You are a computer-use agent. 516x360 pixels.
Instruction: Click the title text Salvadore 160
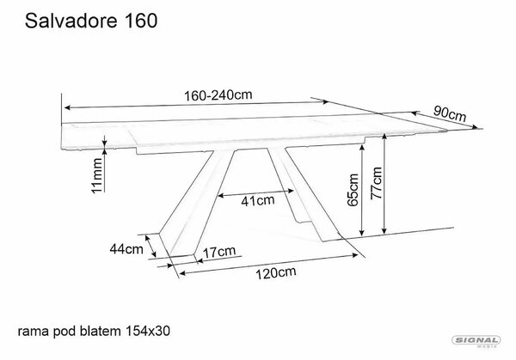pos(91,21)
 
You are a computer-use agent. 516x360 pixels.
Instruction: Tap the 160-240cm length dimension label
pos(218,95)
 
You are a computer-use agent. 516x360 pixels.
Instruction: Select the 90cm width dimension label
pos(450,113)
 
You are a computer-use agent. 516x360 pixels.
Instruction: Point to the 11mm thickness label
pos(97,176)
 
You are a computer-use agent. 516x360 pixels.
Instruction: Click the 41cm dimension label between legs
pos(258,200)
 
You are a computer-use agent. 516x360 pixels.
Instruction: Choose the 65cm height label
pos(353,190)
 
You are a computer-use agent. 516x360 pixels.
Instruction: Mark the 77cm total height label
pos(377,183)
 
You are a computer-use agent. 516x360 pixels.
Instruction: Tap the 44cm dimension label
pos(126,249)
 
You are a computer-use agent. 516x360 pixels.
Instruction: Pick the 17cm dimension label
pos(219,252)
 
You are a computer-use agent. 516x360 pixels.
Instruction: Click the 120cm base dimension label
pos(276,273)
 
